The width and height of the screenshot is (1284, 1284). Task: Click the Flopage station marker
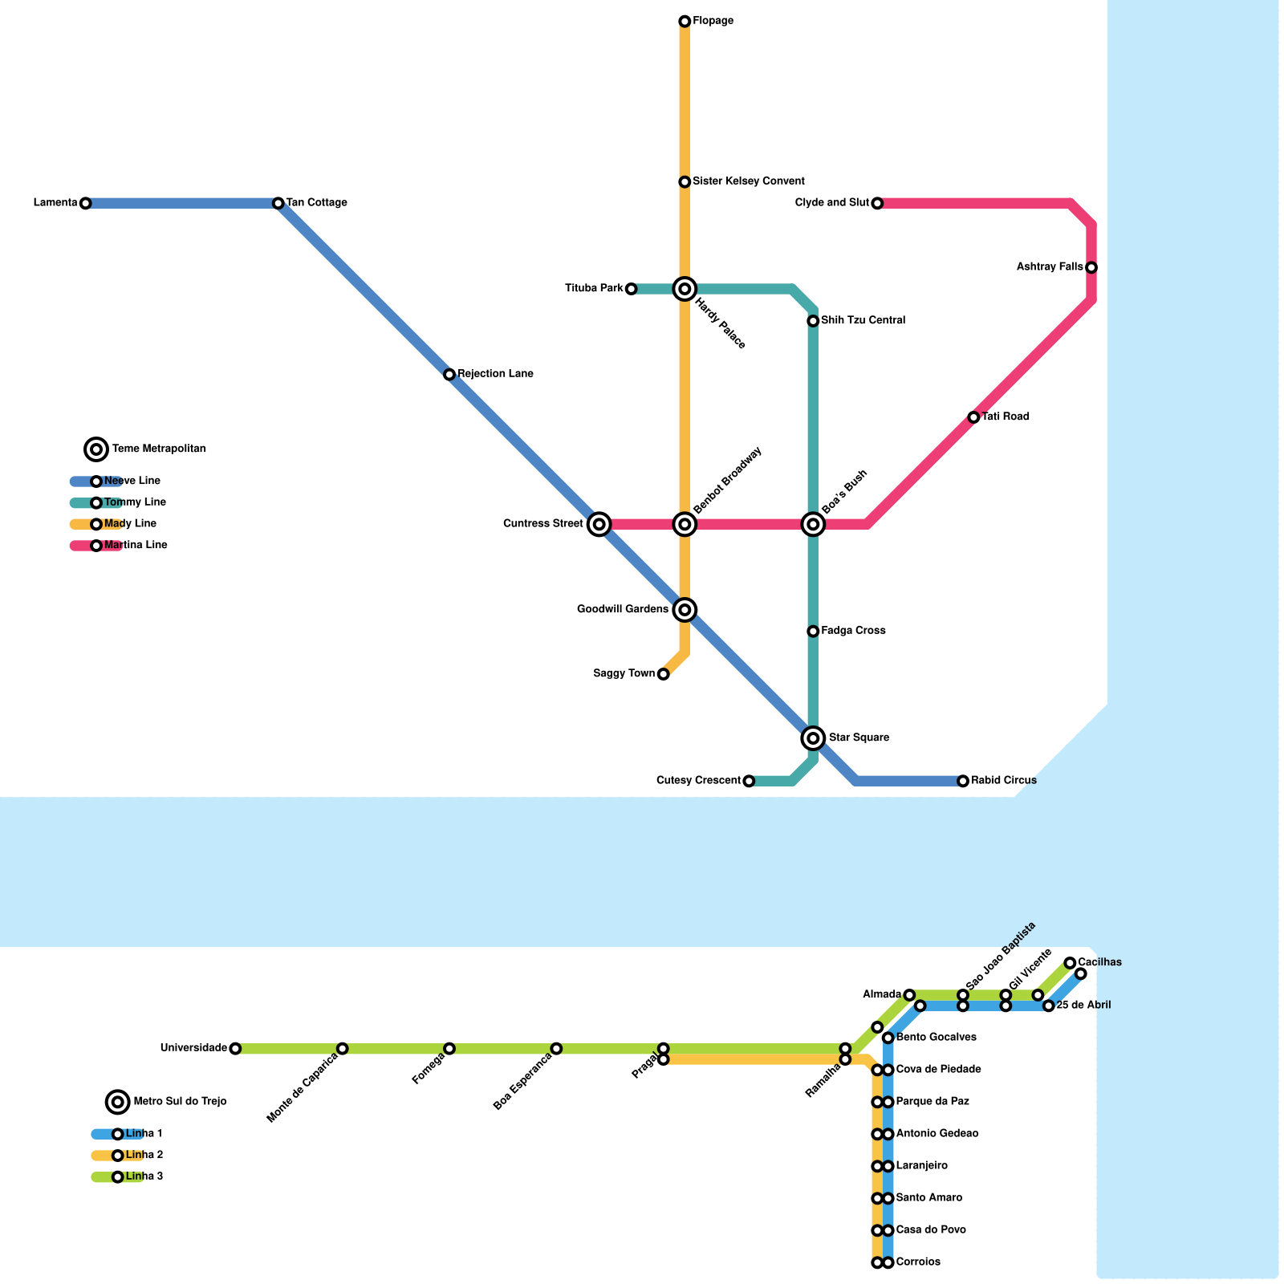coord(685,21)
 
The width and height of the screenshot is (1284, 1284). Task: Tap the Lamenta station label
coord(55,203)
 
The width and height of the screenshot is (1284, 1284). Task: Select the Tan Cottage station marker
coord(278,203)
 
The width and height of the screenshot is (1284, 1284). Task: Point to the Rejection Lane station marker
coord(449,375)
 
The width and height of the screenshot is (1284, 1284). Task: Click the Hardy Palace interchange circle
coord(685,289)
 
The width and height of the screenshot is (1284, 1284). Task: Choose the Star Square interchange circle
coord(813,737)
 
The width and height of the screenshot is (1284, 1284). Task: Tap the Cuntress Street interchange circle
coord(599,525)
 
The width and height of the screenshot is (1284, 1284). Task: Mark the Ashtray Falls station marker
coord(1091,267)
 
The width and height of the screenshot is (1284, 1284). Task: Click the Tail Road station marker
coord(973,417)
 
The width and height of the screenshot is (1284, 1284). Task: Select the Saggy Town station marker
coord(663,674)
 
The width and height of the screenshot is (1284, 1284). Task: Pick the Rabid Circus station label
coord(1003,781)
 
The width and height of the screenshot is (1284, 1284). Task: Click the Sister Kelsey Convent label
coord(748,181)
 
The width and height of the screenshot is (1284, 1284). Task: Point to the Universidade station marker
coord(235,1049)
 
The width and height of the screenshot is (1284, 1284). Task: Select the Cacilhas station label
coord(1099,962)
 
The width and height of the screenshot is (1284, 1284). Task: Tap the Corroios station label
coord(918,1262)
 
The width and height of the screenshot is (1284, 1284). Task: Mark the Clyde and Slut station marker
coord(877,204)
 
